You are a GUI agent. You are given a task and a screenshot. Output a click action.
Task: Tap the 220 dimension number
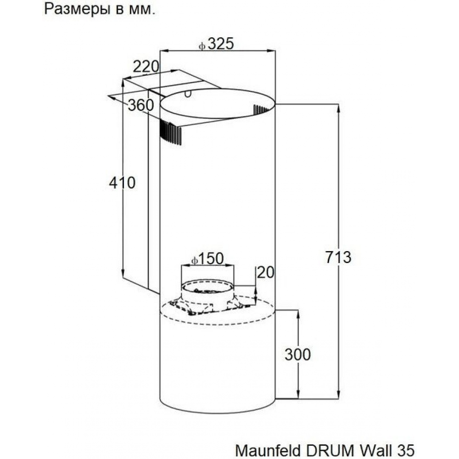pyautogui.click(x=146, y=67)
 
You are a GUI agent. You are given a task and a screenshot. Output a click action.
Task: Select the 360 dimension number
pyautogui.click(x=141, y=105)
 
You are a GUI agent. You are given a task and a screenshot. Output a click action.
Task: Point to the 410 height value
pyautogui.click(x=123, y=183)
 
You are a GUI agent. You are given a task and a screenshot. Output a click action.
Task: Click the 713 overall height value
pyautogui.click(x=338, y=257)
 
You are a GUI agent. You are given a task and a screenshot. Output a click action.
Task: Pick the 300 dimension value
pyautogui.click(x=298, y=354)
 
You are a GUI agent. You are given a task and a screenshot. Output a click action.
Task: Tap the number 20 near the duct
pyautogui.click(x=265, y=273)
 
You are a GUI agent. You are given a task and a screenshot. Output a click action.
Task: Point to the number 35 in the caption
pyautogui.click(x=405, y=450)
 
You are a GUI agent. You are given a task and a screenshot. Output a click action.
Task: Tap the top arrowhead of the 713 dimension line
pyautogui.click(x=338, y=109)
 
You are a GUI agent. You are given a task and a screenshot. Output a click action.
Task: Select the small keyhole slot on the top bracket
pyautogui.click(x=188, y=94)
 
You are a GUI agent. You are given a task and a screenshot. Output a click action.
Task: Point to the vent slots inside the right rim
pyautogui.click(x=261, y=110)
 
